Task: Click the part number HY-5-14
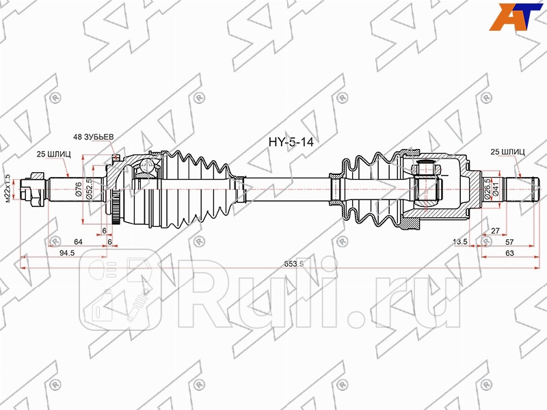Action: coord(292,145)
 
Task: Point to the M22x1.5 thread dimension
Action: coord(8,189)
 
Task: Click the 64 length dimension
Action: coord(79,241)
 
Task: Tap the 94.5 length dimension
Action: coord(67,253)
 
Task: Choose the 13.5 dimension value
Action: coord(460,241)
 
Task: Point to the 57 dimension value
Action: coord(509,241)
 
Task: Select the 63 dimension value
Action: coord(509,253)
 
